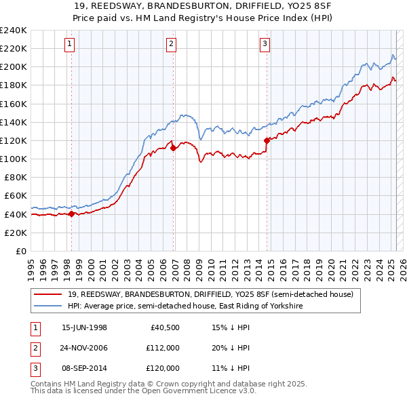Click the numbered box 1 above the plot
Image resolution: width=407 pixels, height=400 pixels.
(71, 45)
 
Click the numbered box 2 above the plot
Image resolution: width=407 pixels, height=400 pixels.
(172, 45)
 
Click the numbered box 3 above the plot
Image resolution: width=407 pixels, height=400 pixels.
(265, 45)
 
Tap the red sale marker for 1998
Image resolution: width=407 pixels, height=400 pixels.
(72, 214)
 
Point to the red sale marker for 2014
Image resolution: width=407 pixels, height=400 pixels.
(267, 140)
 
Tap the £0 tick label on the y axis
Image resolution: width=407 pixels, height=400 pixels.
(20, 251)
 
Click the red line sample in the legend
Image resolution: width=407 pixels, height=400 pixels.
(49, 295)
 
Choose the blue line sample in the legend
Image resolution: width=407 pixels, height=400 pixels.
(49, 306)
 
